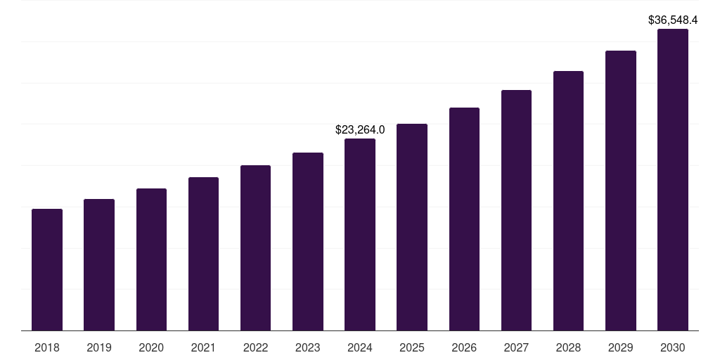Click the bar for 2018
(47, 270)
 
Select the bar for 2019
(99, 265)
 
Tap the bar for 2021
(203, 254)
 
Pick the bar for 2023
(308, 242)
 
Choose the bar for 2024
(360, 235)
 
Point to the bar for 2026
(464, 219)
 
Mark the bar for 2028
(568, 201)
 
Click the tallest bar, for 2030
(673, 180)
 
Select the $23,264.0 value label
(360, 130)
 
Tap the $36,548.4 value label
(673, 20)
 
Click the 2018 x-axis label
(47, 347)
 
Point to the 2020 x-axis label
(151, 347)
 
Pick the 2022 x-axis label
(255, 347)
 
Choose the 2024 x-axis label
(360, 347)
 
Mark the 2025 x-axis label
(412, 347)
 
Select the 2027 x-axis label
(516, 347)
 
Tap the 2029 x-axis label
(621, 347)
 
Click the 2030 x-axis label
(673, 347)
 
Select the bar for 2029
(621, 191)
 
